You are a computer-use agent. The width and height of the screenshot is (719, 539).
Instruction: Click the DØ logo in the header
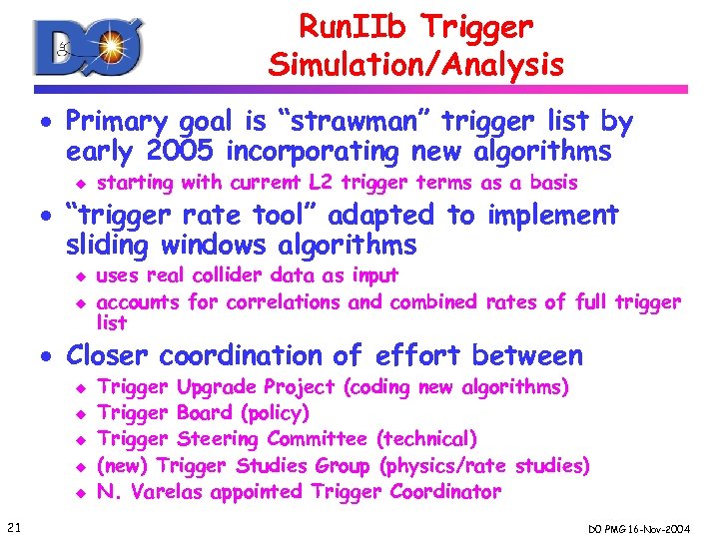88,46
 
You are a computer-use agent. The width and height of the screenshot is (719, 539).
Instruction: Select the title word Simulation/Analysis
415,65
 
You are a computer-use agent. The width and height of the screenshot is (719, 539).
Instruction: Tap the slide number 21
13,526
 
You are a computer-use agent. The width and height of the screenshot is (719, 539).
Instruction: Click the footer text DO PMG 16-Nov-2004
651,526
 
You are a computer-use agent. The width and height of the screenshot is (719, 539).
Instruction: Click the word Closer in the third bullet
109,355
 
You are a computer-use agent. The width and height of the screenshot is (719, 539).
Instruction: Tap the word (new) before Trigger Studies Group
122,465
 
